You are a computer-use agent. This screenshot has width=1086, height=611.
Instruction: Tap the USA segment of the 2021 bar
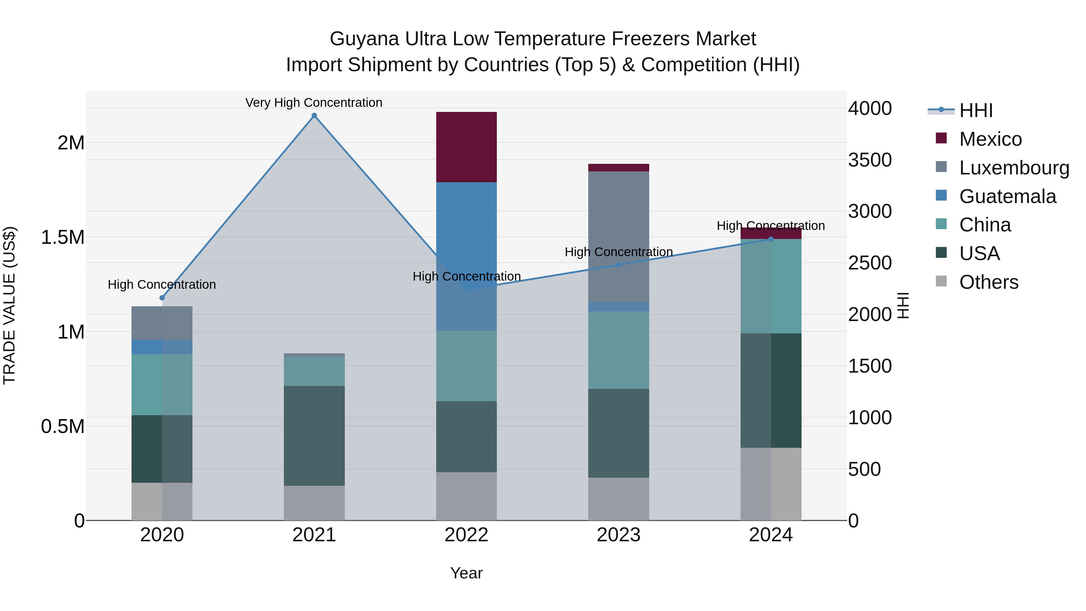[x=314, y=436]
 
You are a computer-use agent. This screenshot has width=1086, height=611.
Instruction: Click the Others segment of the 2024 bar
[x=771, y=484]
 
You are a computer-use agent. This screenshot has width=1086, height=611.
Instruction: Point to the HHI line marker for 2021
[x=314, y=116]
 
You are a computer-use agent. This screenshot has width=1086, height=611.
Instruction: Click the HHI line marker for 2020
[x=162, y=298]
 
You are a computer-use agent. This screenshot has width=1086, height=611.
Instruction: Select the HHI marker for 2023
[x=618, y=265]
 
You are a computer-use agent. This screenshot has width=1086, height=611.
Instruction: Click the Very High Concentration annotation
[x=314, y=103]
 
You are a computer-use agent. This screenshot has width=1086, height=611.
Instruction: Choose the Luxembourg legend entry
[x=1014, y=167]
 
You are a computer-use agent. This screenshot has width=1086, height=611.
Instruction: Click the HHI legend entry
[x=976, y=110]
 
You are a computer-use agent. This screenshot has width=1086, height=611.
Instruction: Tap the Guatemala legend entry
[x=1008, y=196]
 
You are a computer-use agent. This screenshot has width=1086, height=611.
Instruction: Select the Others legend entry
[x=989, y=282]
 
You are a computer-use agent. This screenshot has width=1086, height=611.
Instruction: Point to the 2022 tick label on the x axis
[x=466, y=535]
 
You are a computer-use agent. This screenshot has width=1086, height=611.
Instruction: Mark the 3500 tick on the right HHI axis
[x=870, y=160]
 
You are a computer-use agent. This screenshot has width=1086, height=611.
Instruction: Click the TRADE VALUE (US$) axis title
[x=9, y=305]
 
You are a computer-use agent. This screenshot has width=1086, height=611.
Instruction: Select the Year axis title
[x=466, y=573]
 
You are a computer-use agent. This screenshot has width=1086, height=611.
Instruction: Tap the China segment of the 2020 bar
[x=162, y=385]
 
